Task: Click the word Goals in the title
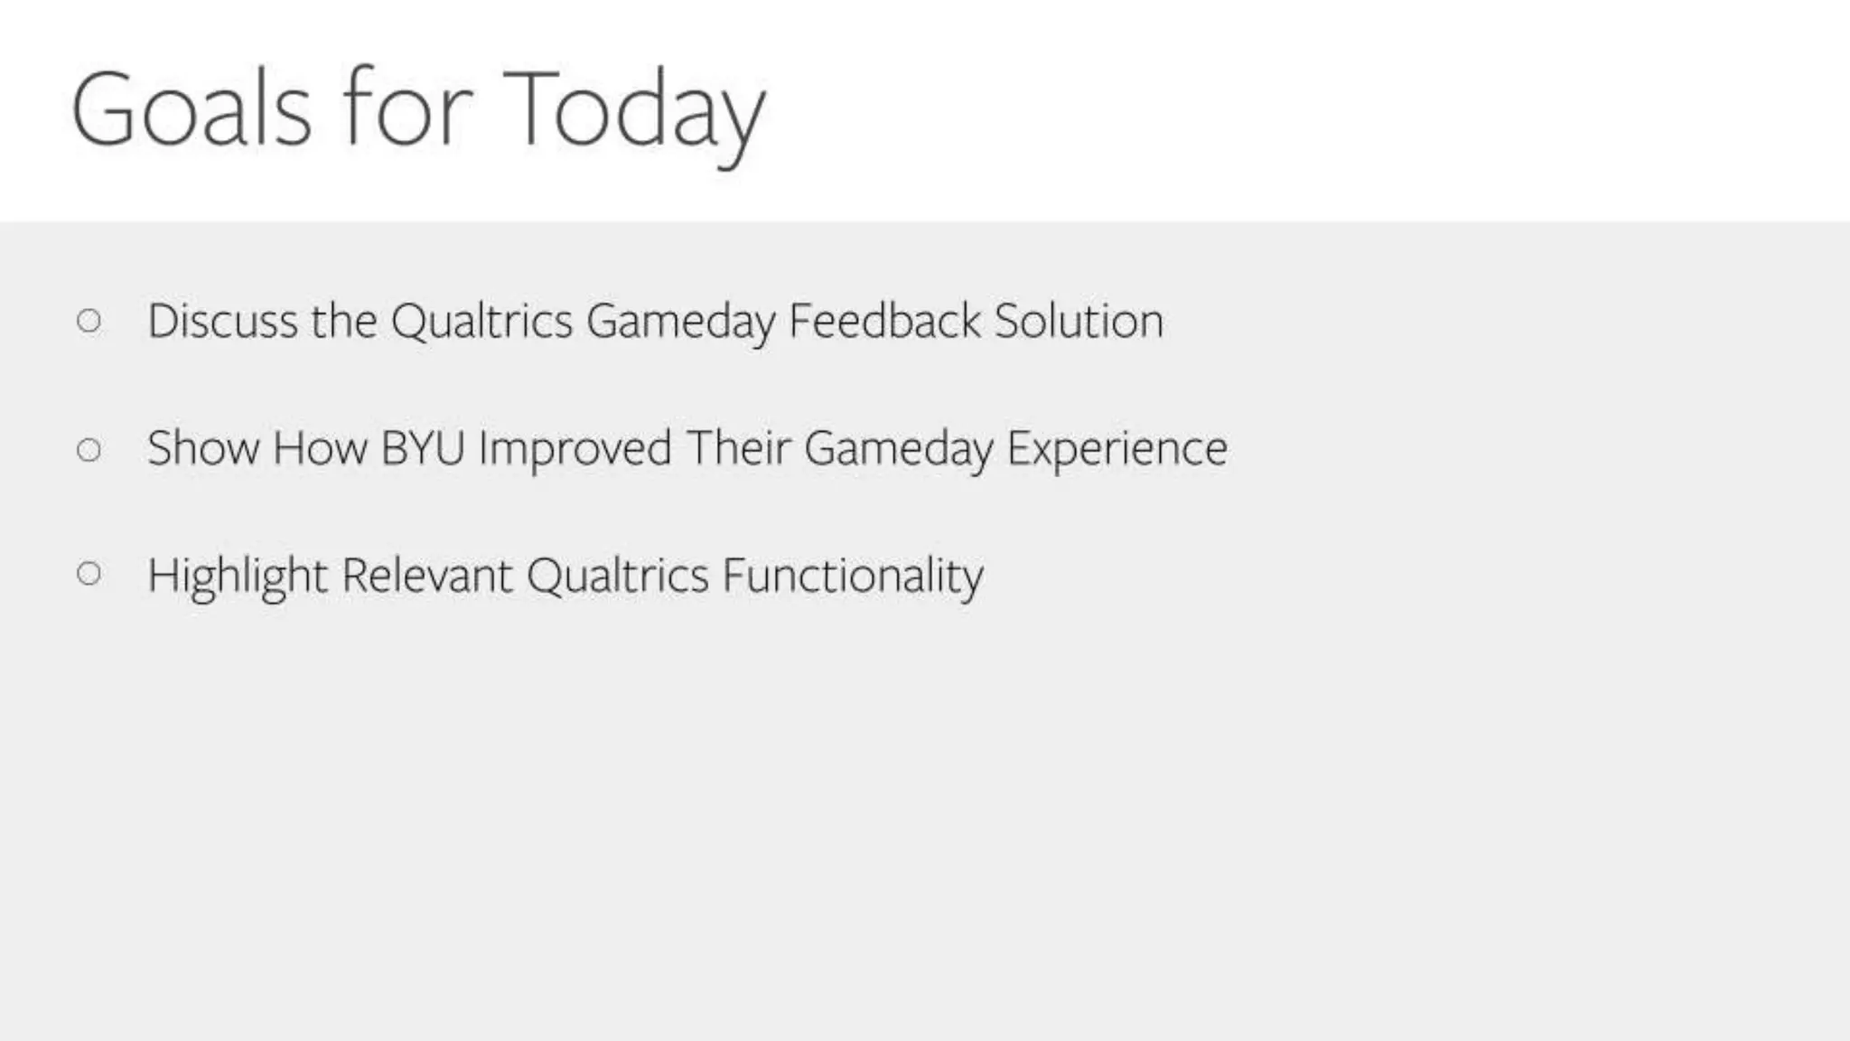pos(192,109)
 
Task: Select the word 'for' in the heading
pos(406,109)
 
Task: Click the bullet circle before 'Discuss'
pos(89,321)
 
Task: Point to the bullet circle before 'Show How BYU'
pos(89,449)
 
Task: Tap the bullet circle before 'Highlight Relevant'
pos(89,573)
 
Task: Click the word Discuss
pos(222,321)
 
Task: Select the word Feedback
pos(884,321)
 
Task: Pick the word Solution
pos(1079,321)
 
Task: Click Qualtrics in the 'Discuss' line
pos(481,321)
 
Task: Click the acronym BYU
pos(423,448)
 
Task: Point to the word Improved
pos(575,449)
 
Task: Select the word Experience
pos(1117,449)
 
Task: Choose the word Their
pos(738,448)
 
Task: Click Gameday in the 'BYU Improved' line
pos(898,450)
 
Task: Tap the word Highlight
pos(237,576)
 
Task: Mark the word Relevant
pos(427,575)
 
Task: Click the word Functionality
pos(852,576)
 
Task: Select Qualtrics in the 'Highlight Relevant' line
pos(617,576)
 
